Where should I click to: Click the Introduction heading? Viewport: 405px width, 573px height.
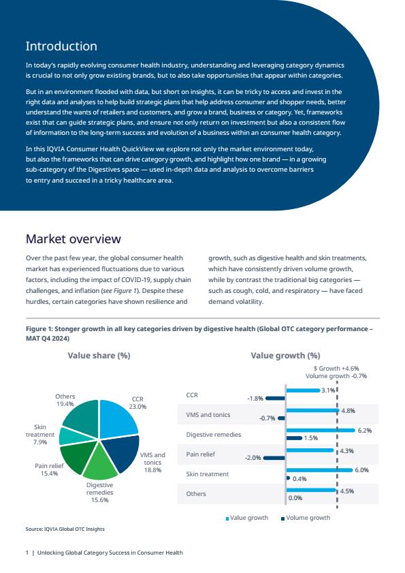(61, 46)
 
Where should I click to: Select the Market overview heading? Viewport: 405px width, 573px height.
(73, 238)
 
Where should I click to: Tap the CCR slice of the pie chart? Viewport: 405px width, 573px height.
(117, 416)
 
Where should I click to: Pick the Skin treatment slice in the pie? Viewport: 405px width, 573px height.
(75, 435)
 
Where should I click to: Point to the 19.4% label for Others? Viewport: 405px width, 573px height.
(65, 404)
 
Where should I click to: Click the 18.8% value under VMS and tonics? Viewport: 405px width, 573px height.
(152, 470)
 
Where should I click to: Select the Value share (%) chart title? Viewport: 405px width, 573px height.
(99, 356)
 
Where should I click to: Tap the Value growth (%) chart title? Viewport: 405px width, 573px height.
(285, 356)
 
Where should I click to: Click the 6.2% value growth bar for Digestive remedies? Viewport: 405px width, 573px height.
(321, 431)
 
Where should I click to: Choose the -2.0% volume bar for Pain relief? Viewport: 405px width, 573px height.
(274, 458)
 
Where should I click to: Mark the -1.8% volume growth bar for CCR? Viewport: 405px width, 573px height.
(275, 399)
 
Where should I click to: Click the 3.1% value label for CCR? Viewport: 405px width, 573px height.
(328, 390)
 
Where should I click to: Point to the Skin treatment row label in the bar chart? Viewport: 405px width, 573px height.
(208, 474)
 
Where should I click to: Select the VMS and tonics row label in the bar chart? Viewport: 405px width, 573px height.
(208, 415)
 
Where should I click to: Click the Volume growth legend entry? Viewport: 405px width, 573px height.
(306, 518)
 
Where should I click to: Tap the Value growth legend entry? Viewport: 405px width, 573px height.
(247, 518)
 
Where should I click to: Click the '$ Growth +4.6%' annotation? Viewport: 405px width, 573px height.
(336, 369)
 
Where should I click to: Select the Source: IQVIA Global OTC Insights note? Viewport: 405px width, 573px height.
(65, 529)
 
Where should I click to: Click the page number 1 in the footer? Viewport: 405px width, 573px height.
(27, 553)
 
